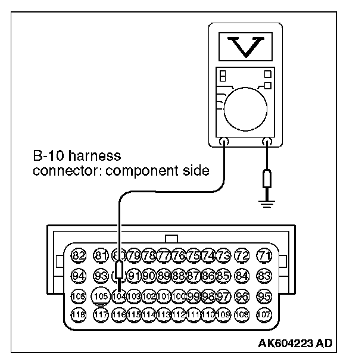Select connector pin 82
tap(78, 256)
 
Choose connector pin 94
tap(78, 276)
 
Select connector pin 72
tap(242, 256)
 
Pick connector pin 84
tap(242, 276)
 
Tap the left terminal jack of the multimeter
tap(223, 142)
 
